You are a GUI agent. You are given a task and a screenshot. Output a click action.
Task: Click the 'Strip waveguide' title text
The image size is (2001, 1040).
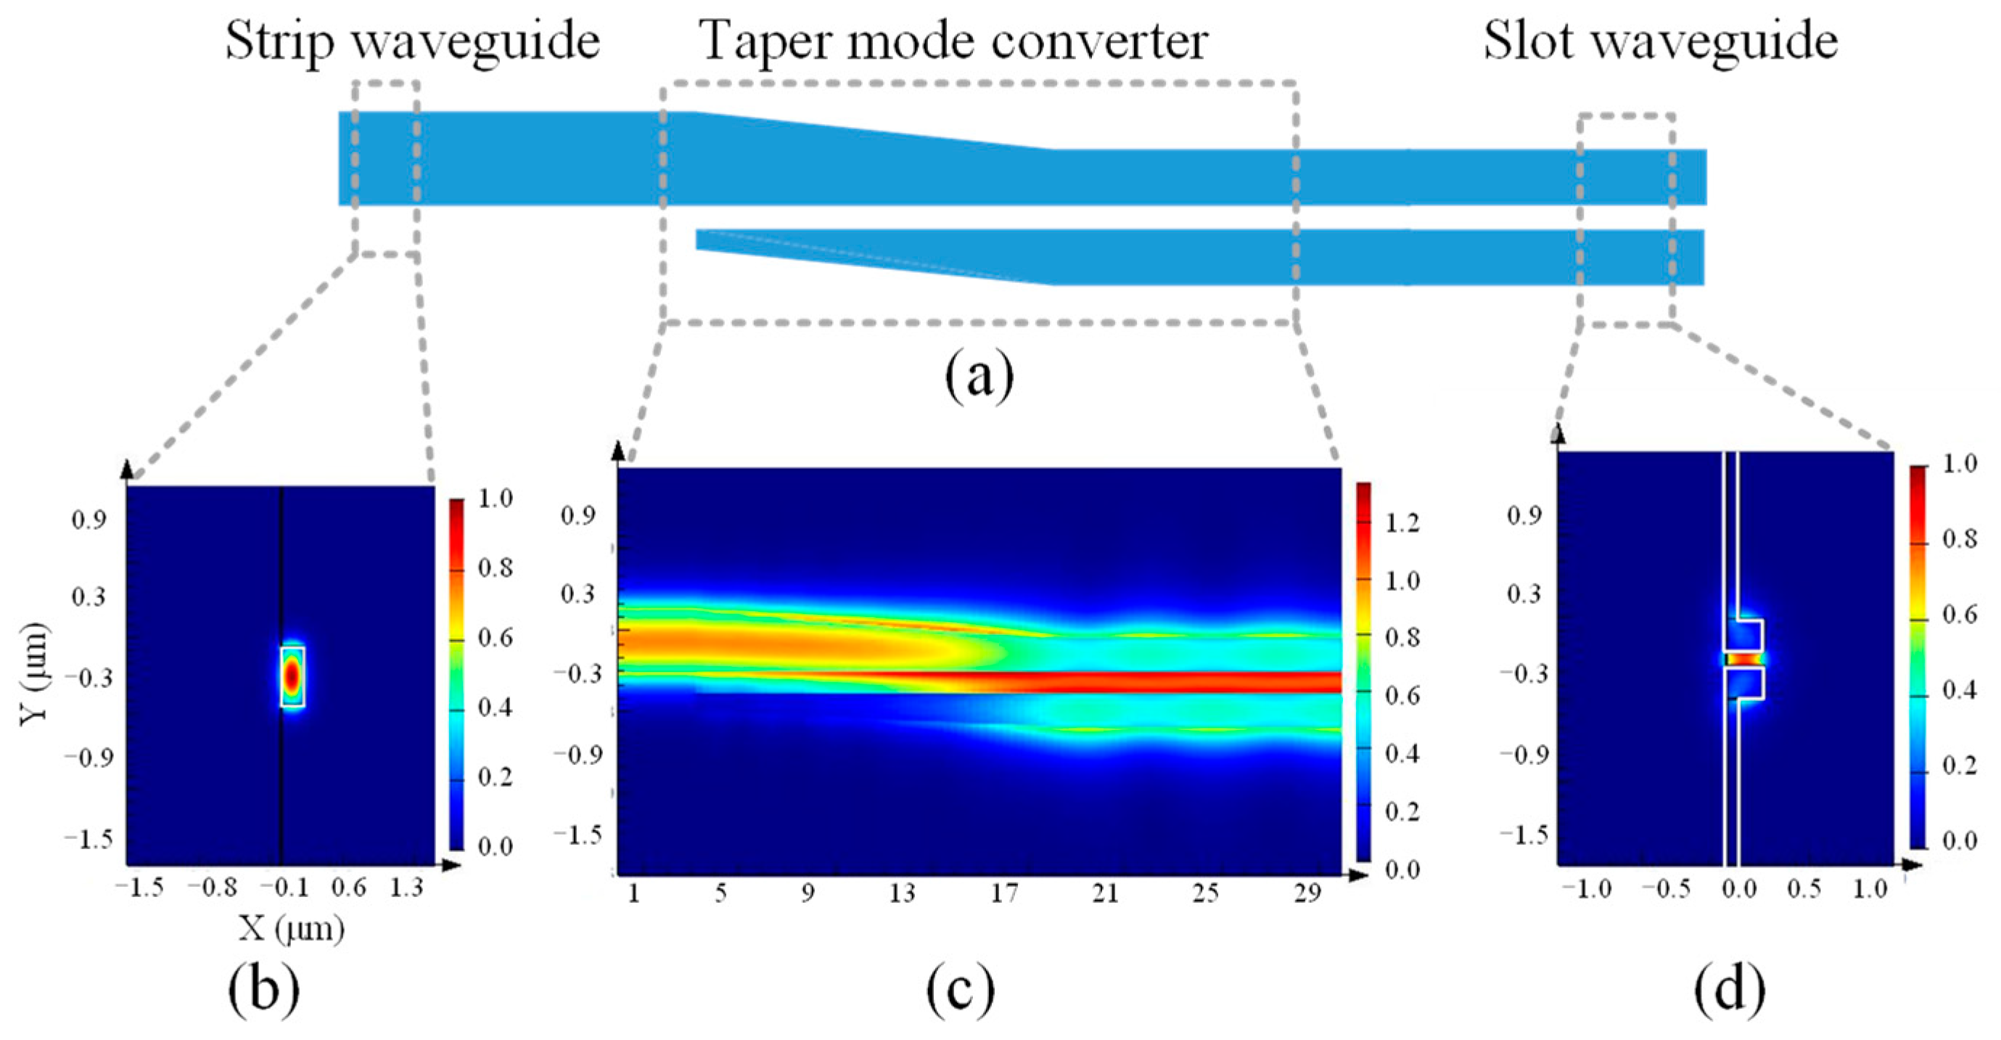point(413,41)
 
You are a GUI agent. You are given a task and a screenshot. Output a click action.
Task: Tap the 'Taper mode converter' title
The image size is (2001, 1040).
point(953,41)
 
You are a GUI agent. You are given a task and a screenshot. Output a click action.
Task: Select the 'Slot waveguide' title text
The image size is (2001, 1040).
point(1661,41)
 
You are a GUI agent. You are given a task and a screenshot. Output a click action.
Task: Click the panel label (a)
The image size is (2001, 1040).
point(979,376)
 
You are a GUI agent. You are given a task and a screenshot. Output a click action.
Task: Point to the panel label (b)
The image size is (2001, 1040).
point(263,989)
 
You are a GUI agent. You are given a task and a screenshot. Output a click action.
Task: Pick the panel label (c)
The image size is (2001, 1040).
point(960,989)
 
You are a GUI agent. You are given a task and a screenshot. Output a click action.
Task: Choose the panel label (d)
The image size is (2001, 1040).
point(1730,989)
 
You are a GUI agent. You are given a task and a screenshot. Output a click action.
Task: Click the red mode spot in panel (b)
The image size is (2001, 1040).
point(291,676)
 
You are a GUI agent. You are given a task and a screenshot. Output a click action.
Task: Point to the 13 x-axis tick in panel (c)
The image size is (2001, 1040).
point(902,894)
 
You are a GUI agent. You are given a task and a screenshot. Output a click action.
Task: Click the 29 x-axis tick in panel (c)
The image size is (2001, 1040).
point(1307,894)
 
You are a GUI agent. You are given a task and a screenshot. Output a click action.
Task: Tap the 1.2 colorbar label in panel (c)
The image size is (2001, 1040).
point(1402,523)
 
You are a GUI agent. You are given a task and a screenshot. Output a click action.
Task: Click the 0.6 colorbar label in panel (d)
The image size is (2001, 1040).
point(1959,615)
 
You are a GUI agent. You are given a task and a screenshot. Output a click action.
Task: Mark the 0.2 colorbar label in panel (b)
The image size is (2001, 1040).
point(495,777)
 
